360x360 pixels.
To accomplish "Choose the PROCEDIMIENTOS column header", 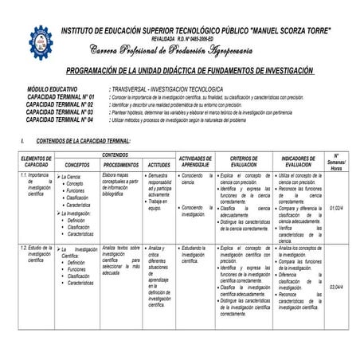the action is click(x=122, y=164).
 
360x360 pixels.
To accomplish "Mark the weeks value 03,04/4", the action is click(x=337, y=287).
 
